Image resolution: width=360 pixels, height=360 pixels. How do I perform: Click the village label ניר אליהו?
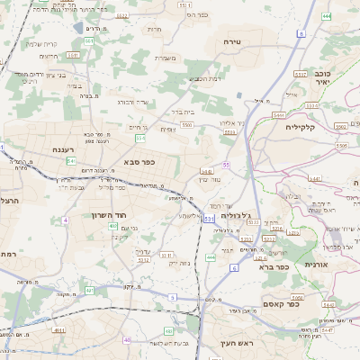click(232, 122)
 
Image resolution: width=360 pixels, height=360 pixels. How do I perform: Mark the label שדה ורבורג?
click(139, 102)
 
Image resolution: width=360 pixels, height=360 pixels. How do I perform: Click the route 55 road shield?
click(227, 165)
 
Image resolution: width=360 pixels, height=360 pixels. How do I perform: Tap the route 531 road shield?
click(209, 219)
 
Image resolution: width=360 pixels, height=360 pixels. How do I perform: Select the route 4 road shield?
click(65, 220)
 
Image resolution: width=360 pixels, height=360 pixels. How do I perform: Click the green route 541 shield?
click(70, 160)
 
